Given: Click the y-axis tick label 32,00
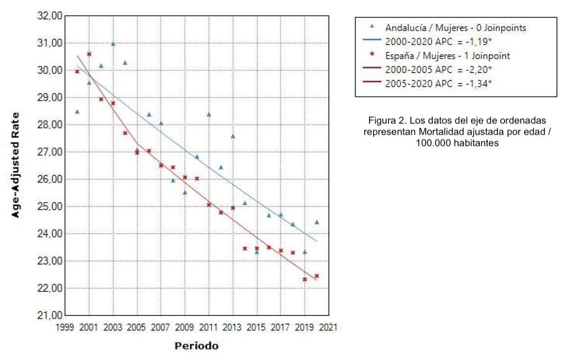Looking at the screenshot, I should point(50,16).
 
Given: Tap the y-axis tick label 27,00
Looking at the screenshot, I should point(50,152).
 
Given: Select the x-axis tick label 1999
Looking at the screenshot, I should point(65,327).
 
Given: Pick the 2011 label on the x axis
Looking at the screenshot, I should point(209,327).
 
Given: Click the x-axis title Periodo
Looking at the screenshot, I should point(197,346).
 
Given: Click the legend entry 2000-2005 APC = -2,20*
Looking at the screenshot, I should point(439,70).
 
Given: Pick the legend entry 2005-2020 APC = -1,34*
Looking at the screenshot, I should point(439,84).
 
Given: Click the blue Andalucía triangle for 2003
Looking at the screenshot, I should point(113,44).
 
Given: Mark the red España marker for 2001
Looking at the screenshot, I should point(89,54).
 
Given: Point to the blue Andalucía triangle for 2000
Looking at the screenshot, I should point(77,112).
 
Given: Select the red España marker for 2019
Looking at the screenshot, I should point(304,279).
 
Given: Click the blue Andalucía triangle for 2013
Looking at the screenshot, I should point(232,136).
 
